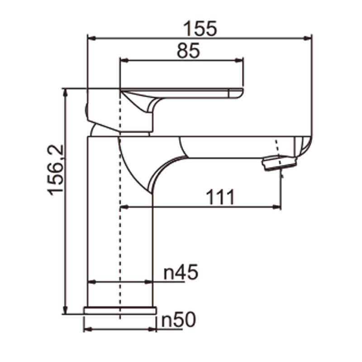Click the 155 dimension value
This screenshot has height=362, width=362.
[200, 29]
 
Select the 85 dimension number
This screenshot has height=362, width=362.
[188, 51]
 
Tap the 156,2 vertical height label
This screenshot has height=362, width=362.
[57, 170]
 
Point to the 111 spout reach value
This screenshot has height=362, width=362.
[220, 198]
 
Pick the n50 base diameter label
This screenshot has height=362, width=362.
[178, 320]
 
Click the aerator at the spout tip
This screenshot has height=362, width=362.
[280, 162]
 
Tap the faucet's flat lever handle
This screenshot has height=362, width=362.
[190, 94]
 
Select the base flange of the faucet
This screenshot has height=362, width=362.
[120, 310]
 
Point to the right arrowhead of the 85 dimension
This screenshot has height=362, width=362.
[240, 60]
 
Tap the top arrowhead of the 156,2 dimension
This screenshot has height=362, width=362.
[66, 92]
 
